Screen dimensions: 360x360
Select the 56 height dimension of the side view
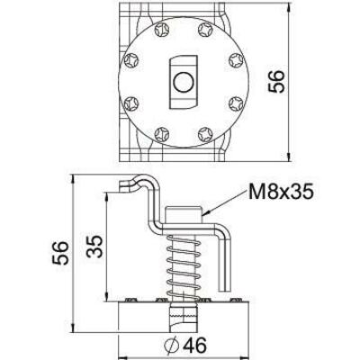click(x=60, y=254)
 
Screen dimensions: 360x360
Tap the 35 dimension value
click(x=94, y=247)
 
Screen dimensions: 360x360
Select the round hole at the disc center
click(x=181, y=83)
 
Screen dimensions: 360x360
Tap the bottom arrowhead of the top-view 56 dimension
click(x=289, y=153)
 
